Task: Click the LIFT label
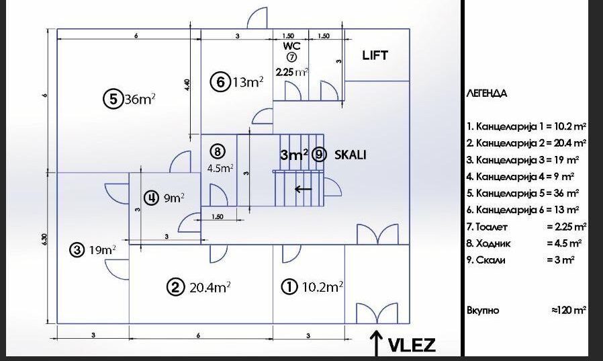[375, 55]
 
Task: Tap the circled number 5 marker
[113, 99]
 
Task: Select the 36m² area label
[140, 99]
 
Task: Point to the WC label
[292, 46]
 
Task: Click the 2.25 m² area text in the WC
[292, 71]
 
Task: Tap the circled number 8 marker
[218, 151]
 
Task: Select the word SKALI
[350, 155]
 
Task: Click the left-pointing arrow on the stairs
[303, 189]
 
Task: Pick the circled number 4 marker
[151, 198]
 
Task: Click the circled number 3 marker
[77, 250]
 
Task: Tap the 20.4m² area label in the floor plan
[210, 287]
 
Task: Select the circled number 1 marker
[289, 287]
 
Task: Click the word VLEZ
[412, 345]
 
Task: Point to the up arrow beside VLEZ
[376, 342]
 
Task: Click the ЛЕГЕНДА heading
[486, 93]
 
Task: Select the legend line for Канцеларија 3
[523, 160]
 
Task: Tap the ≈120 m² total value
[568, 310]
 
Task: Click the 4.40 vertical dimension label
[187, 85]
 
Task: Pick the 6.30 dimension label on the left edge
[45, 240]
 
